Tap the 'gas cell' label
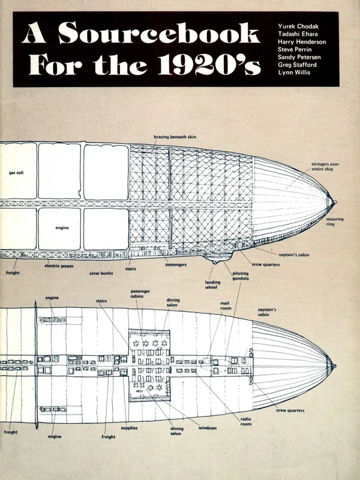pyautogui.click(x=16, y=173)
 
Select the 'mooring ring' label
pyautogui.click(x=334, y=222)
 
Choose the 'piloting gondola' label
pyautogui.click(x=242, y=277)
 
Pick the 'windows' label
pyautogui.click(x=208, y=428)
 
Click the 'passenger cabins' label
pyautogui.click(x=140, y=295)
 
